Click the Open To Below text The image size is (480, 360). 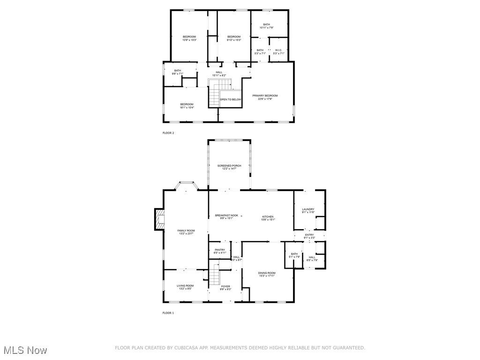click(x=231, y=99)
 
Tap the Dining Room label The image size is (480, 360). click(x=267, y=274)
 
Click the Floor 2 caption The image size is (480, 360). click(x=168, y=133)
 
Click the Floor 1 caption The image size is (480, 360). click(x=168, y=313)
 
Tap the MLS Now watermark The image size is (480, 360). click(x=25, y=350)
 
